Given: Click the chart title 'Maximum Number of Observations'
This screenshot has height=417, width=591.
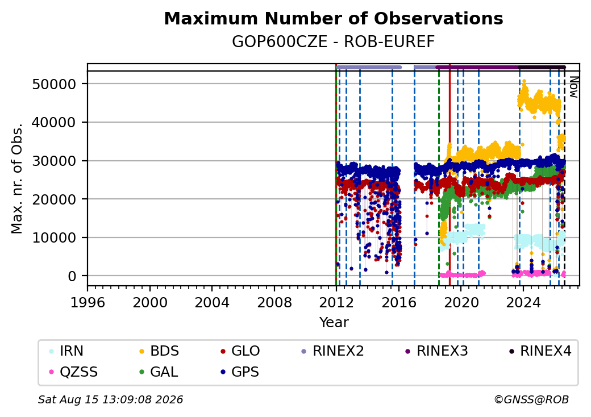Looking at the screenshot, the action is tap(334, 18).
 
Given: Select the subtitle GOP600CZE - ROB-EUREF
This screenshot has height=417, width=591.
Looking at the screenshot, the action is tap(334, 42).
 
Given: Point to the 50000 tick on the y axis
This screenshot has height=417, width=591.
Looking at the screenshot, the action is tap(55, 84).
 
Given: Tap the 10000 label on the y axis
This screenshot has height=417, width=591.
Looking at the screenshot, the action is tap(55, 237).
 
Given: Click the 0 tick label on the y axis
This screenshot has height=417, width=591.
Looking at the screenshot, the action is tap(72, 276).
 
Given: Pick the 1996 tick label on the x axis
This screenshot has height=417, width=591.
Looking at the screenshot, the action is tap(88, 302).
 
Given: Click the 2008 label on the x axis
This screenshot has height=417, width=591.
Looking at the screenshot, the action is tap(274, 302).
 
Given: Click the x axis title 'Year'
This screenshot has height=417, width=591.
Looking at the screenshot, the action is tap(334, 323).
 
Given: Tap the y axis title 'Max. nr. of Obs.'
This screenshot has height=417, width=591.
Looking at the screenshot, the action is tap(17, 178).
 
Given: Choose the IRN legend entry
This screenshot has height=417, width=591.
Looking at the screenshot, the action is tap(66, 351).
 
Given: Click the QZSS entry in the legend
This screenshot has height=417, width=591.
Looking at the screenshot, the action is tap(73, 372).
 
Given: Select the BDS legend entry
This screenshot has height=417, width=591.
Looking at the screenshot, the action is tap(159, 351).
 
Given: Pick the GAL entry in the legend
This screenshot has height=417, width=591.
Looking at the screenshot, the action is tap(159, 372).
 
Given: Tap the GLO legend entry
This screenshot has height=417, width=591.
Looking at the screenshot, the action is tap(240, 351).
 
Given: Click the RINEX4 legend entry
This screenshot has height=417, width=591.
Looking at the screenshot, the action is tap(540, 351).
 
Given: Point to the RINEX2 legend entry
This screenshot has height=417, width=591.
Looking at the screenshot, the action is tap(332, 351).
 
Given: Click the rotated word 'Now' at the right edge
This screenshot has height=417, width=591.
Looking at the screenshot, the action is tap(573, 87).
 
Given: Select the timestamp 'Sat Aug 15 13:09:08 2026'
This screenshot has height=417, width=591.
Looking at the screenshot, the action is tap(111, 399).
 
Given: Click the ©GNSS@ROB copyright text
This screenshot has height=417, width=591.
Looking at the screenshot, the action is tap(531, 399).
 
